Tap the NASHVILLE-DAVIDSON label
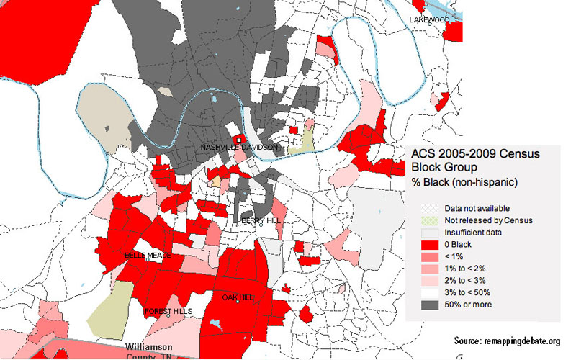click(x=239, y=148)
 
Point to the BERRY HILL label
click(x=258, y=220)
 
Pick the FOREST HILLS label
click(x=167, y=311)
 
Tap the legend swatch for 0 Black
click(x=430, y=245)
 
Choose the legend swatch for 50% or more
click(x=430, y=304)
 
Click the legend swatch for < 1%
click(x=430, y=256)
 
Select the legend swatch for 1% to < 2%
click(x=430, y=269)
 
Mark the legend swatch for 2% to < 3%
click(x=430, y=280)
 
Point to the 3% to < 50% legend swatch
click(x=430, y=292)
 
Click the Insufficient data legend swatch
click(x=430, y=233)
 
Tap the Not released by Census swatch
click(x=430, y=220)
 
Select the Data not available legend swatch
click(x=430, y=209)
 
